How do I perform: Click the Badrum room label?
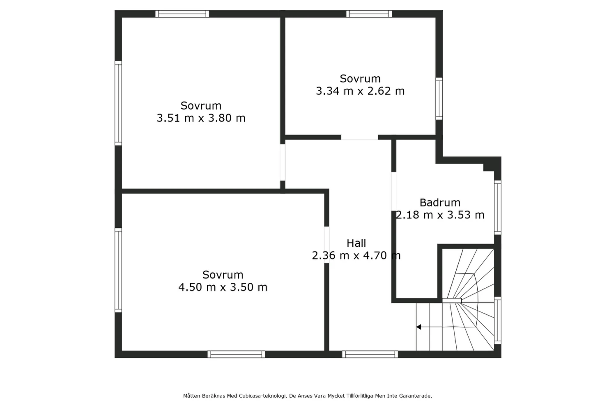440,202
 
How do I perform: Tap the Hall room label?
356,243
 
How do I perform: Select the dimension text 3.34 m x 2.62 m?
360,91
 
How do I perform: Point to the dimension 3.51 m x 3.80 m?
201,118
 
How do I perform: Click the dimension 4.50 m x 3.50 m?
223,287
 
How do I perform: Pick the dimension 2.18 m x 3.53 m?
440,215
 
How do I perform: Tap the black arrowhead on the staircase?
418,327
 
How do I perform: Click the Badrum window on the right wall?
497,208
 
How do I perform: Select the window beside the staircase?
497,320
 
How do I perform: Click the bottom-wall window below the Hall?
370,354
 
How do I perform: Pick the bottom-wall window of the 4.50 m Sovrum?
236,354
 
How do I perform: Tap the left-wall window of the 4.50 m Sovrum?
118,270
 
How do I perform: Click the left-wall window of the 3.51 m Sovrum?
118,103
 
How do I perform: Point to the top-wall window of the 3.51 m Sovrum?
182,14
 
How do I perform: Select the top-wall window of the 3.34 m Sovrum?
369,14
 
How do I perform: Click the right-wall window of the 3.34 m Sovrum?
439,98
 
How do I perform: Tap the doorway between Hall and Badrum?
394,191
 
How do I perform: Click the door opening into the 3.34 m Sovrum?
359,137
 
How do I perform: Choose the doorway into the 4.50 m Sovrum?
327,245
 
